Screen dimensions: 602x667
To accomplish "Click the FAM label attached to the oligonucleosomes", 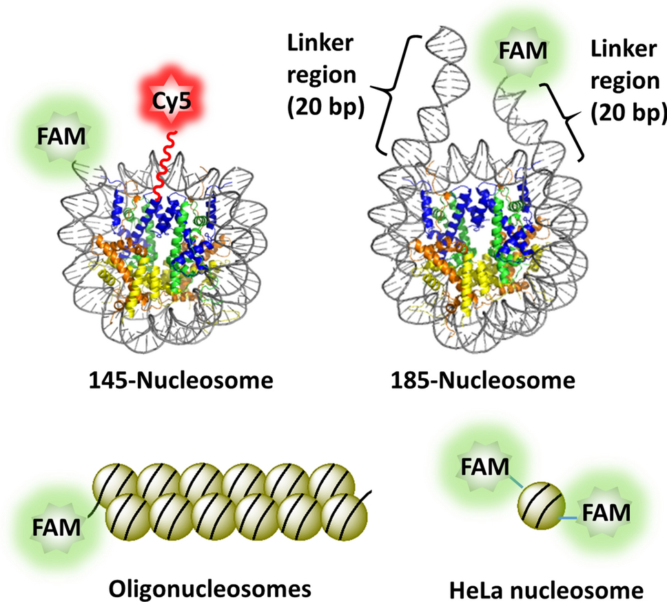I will [55, 529].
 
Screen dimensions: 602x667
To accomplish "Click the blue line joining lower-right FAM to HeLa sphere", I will [567, 516].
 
